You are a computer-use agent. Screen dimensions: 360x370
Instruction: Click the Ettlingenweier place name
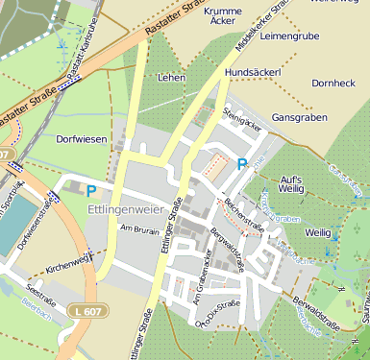(126, 208)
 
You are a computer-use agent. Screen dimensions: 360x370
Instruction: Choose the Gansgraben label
(300, 116)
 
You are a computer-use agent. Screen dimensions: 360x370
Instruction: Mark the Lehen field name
(170, 77)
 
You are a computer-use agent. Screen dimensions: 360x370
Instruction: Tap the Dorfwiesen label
(81, 139)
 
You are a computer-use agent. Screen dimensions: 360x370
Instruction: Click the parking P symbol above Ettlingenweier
(91, 191)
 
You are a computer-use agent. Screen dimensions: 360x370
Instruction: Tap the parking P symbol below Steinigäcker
(242, 164)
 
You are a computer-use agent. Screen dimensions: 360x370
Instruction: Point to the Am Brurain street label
(139, 228)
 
